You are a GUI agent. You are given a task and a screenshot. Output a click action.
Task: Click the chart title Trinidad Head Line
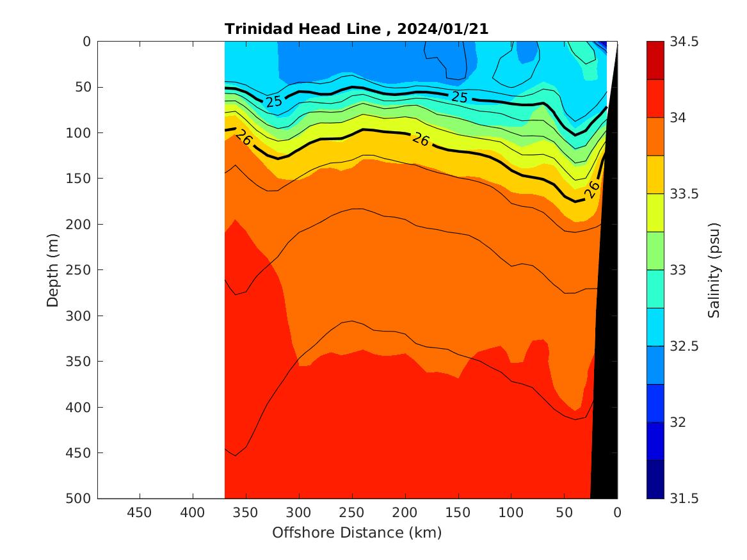point(307,29)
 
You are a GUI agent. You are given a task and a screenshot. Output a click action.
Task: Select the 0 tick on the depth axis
point(87,42)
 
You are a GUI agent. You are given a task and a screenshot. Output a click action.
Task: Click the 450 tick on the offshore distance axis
point(139,513)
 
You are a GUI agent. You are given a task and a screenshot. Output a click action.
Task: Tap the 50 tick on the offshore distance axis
point(564,513)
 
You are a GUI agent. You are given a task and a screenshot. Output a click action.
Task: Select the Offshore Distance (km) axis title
point(357,532)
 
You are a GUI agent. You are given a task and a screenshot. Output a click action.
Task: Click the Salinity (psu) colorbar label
point(714,270)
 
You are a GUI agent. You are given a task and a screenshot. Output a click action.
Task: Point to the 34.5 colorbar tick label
point(683,42)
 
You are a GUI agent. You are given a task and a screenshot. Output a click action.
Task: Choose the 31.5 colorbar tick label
point(683,499)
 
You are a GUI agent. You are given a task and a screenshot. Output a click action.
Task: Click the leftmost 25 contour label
point(273,101)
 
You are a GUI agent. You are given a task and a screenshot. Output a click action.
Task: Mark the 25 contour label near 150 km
point(459,97)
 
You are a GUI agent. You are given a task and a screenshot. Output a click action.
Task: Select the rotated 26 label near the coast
point(592,189)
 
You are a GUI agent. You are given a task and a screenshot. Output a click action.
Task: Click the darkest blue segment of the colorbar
point(655,479)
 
